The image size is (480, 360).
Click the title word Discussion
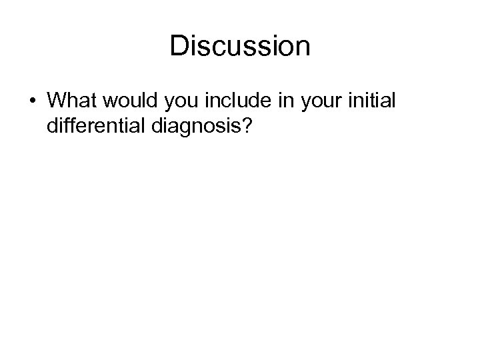pos(240,47)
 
